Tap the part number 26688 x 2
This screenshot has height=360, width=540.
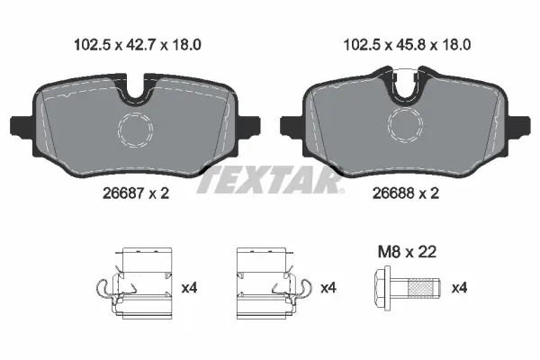click(x=404, y=192)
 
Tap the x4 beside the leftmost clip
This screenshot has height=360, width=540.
click(x=190, y=288)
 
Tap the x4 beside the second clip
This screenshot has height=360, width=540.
click(x=328, y=288)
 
